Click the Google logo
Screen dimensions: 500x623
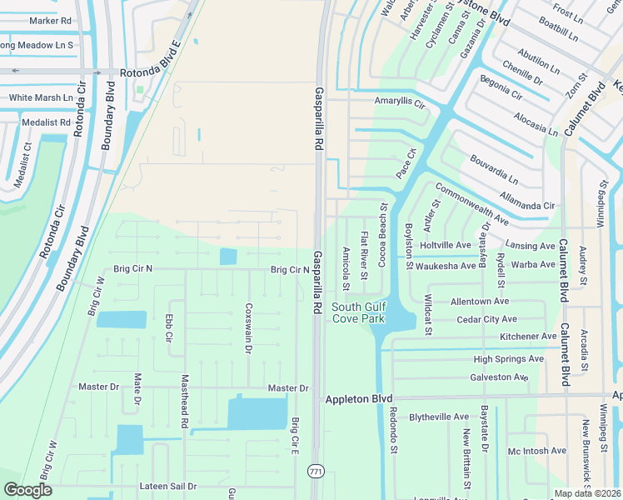(x=27, y=490)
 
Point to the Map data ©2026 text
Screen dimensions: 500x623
(x=587, y=493)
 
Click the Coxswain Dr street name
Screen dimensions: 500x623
(x=247, y=327)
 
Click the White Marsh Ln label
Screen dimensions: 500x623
(x=41, y=97)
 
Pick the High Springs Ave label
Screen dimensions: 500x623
(x=508, y=359)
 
